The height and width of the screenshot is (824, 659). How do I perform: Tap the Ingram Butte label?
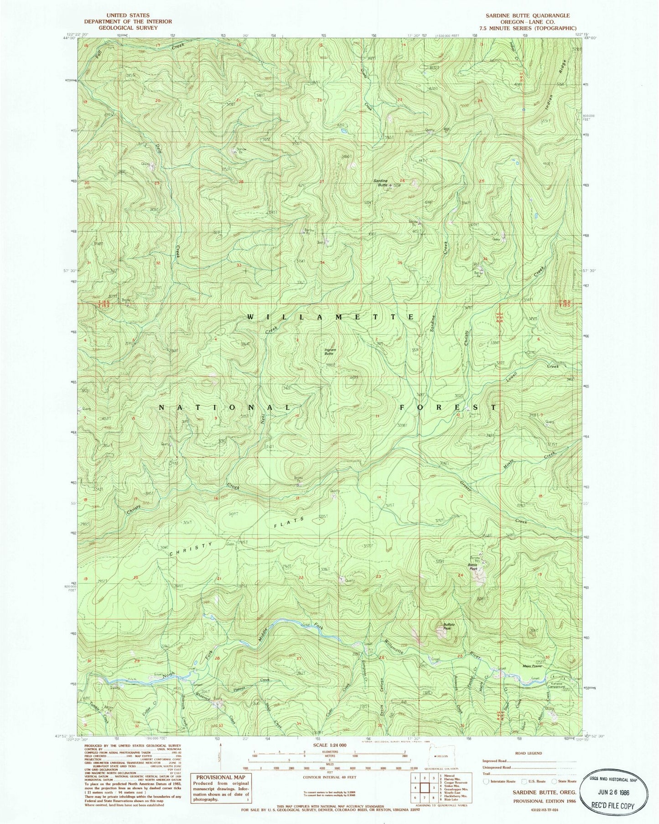(330, 352)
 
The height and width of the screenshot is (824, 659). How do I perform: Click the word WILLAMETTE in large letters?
(331, 316)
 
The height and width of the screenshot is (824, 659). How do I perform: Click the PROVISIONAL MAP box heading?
(221, 777)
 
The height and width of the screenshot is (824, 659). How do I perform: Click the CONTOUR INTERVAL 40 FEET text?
(328, 779)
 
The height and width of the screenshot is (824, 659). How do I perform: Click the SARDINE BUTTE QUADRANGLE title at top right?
(528, 16)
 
